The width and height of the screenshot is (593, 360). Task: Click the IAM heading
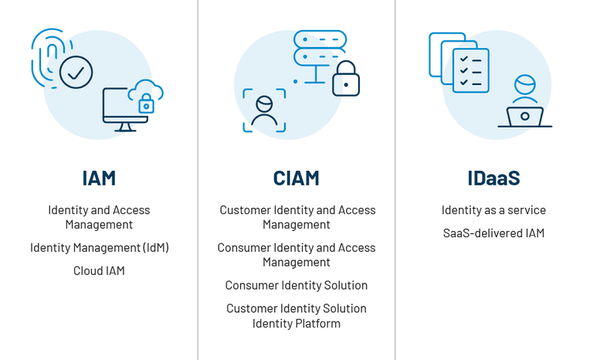(x=99, y=178)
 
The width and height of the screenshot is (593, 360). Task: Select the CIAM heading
(x=296, y=178)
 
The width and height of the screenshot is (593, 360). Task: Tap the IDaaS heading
(x=493, y=178)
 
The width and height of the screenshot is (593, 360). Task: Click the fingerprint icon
(x=49, y=56)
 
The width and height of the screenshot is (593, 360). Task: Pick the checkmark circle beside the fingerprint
(x=76, y=73)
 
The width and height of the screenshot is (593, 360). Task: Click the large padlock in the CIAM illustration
(x=346, y=79)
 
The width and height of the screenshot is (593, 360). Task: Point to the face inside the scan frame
(x=264, y=110)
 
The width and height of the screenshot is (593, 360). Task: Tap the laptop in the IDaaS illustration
(x=525, y=117)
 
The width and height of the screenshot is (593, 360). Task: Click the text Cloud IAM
(x=99, y=270)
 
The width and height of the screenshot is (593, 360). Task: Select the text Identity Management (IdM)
(x=99, y=248)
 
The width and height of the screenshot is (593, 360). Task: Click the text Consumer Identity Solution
(x=296, y=285)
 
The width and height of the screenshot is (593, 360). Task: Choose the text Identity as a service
(x=493, y=210)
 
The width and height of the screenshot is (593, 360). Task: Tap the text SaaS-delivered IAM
(x=493, y=233)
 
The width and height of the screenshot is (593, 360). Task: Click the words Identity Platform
(x=296, y=323)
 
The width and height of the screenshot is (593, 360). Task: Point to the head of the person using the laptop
(x=525, y=83)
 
